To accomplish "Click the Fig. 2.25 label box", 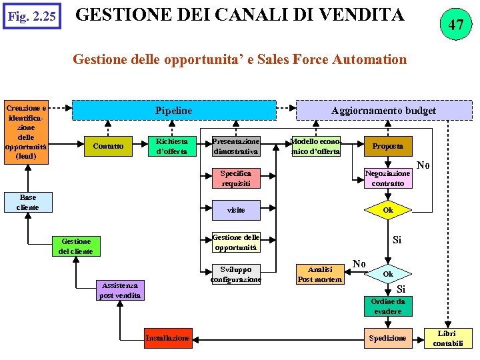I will tap(31, 15).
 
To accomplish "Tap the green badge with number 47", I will tap(455, 25).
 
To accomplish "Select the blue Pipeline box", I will tap(173, 110).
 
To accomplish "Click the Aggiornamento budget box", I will tap(383, 110).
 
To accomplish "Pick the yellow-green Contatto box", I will tap(108, 146).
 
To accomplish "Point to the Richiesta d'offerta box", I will tap(171, 146).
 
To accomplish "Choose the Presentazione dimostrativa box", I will tap(235, 146).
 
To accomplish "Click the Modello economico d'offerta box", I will tap(315, 146).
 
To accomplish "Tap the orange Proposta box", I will tap(387, 146).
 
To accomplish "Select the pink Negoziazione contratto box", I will tap(387, 178).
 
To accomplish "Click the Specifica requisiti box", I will tap(235, 178).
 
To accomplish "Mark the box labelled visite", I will tap(235, 210).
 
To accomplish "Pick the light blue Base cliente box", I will tap(28, 202).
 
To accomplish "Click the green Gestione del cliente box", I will tap(76, 246).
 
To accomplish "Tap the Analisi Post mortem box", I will tap(319, 274).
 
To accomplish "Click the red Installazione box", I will tap(167, 338).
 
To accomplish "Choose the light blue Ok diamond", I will tap(387, 274).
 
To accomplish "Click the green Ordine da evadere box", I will tap(387, 306).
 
